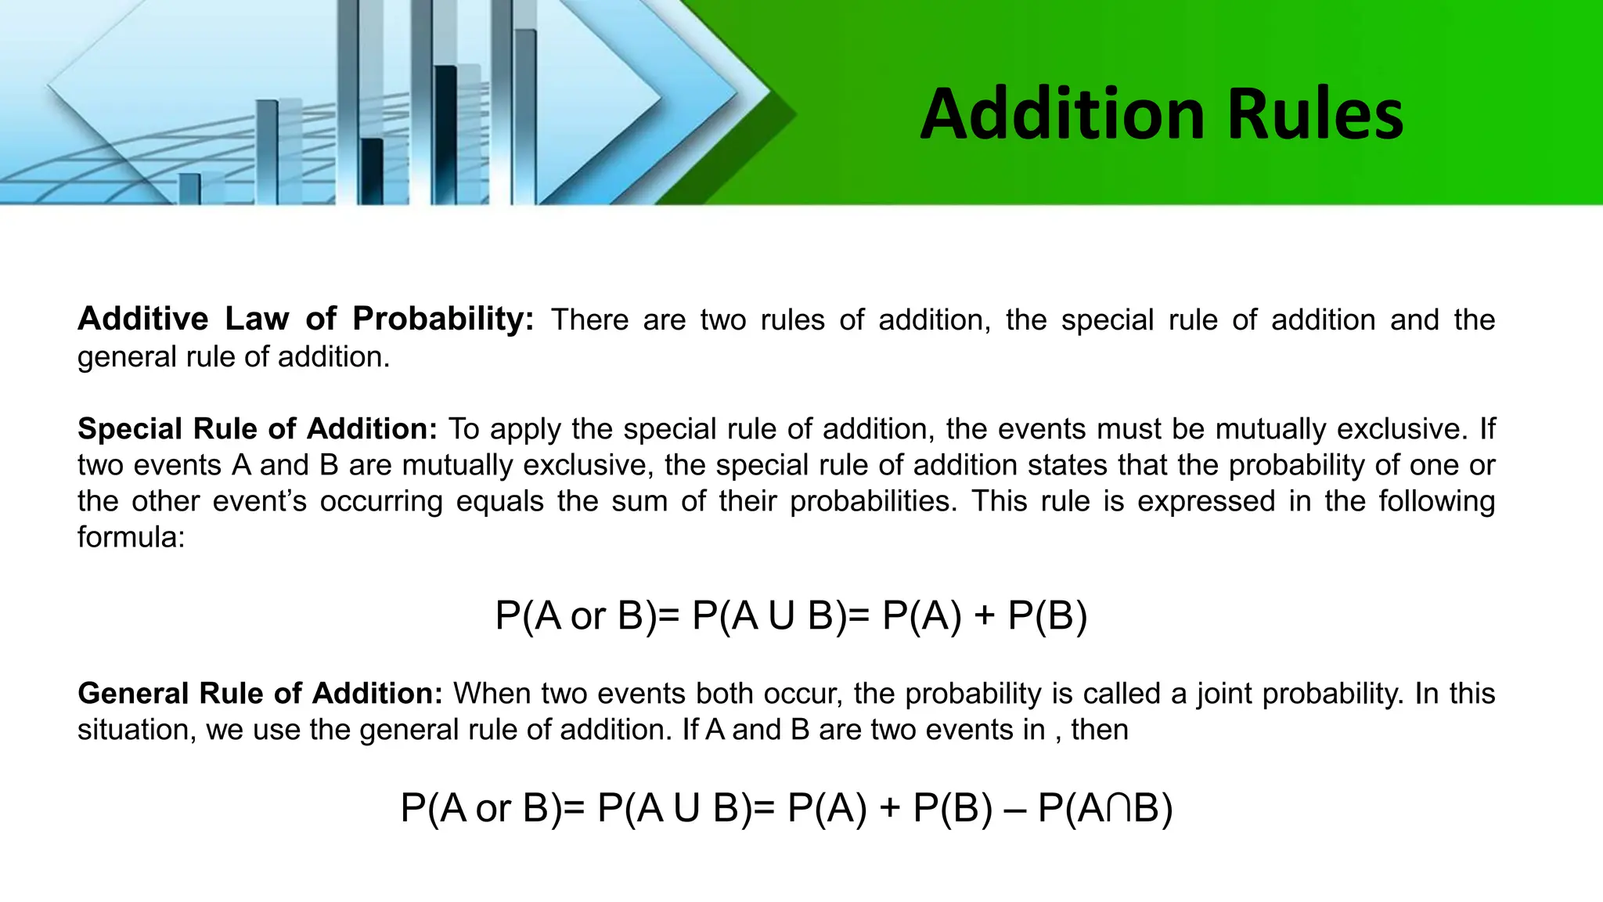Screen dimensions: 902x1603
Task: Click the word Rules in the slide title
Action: tap(1315, 115)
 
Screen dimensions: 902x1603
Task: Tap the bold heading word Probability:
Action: tap(442, 319)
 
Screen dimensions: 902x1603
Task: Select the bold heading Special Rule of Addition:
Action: tap(258, 429)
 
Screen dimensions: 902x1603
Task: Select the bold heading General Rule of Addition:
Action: tap(260, 694)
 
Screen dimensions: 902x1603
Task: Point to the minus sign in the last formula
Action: tap(1014, 809)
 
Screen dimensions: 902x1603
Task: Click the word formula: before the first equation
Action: tap(131, 537)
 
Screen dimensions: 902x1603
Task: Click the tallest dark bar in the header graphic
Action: tap(445, 133)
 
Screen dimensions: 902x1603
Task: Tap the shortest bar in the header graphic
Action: tap(189, 188)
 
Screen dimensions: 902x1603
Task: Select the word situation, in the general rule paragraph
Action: tap(136, 731)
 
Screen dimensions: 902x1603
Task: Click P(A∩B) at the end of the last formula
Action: tap(1104, 809)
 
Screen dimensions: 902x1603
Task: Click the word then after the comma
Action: tap(1100, 731)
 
